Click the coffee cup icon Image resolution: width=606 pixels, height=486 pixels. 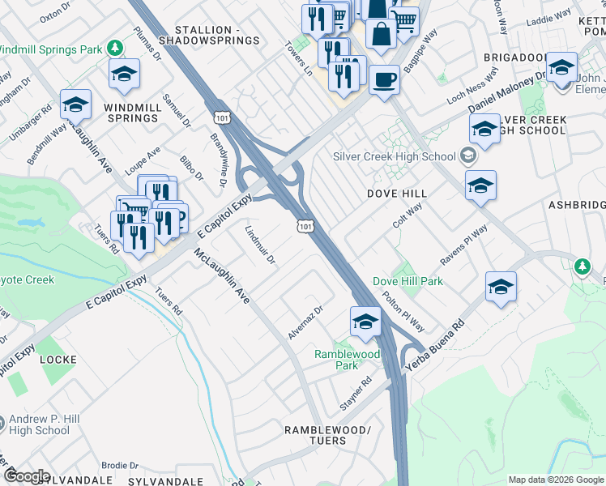(384, 79)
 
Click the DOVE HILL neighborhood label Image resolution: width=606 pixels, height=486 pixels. (396, 194)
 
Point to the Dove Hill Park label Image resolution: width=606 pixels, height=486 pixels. (408, 281)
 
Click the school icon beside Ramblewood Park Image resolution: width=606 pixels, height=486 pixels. (365, 322)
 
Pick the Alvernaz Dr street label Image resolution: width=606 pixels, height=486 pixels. (305, 322)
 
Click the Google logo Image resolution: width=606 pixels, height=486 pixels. (27, 475)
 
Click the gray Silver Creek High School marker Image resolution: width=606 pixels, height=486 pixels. (467, 156)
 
